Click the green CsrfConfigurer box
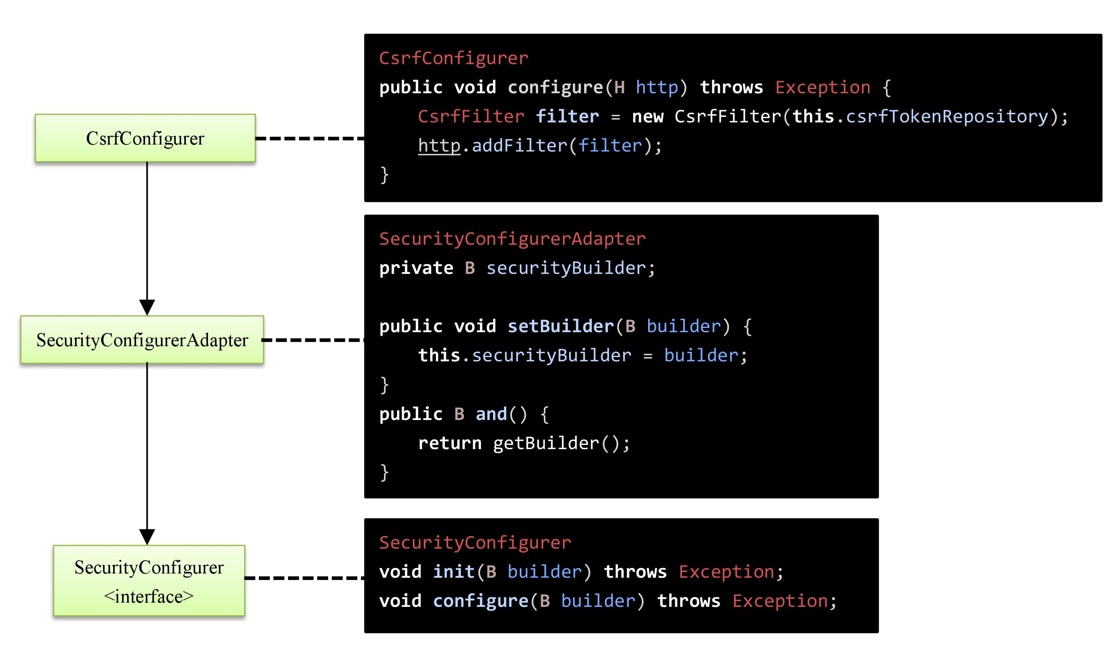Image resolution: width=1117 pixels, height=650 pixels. [145, 138]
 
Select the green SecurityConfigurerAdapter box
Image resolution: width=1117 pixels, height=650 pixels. [142, 340]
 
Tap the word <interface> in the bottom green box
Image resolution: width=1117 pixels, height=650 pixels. [149, 596]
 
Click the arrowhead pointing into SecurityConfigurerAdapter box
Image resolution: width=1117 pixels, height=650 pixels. [147, 307]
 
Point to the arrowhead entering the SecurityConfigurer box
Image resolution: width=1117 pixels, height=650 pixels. [147, 537]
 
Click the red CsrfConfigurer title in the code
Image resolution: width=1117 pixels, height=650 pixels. [453, 58]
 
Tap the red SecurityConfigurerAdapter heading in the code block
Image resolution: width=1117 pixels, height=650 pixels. [512, 239]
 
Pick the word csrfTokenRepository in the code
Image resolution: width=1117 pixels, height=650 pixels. [947, 117]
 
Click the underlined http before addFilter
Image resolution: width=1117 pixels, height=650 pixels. [439, 146]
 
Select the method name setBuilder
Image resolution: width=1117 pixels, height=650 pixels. [560, 326]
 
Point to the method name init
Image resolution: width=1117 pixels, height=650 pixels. [453, 572]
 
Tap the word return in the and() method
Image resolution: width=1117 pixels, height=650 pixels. [449, 443]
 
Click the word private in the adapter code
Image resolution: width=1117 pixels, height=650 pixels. [416, 268]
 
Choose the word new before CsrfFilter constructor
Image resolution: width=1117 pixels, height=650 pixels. [647, 117]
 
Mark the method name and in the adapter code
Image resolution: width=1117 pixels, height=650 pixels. [491, 414]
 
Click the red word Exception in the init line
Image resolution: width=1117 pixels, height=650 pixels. [726, 572]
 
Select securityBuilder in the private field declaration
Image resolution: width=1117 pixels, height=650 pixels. [566, 268]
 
